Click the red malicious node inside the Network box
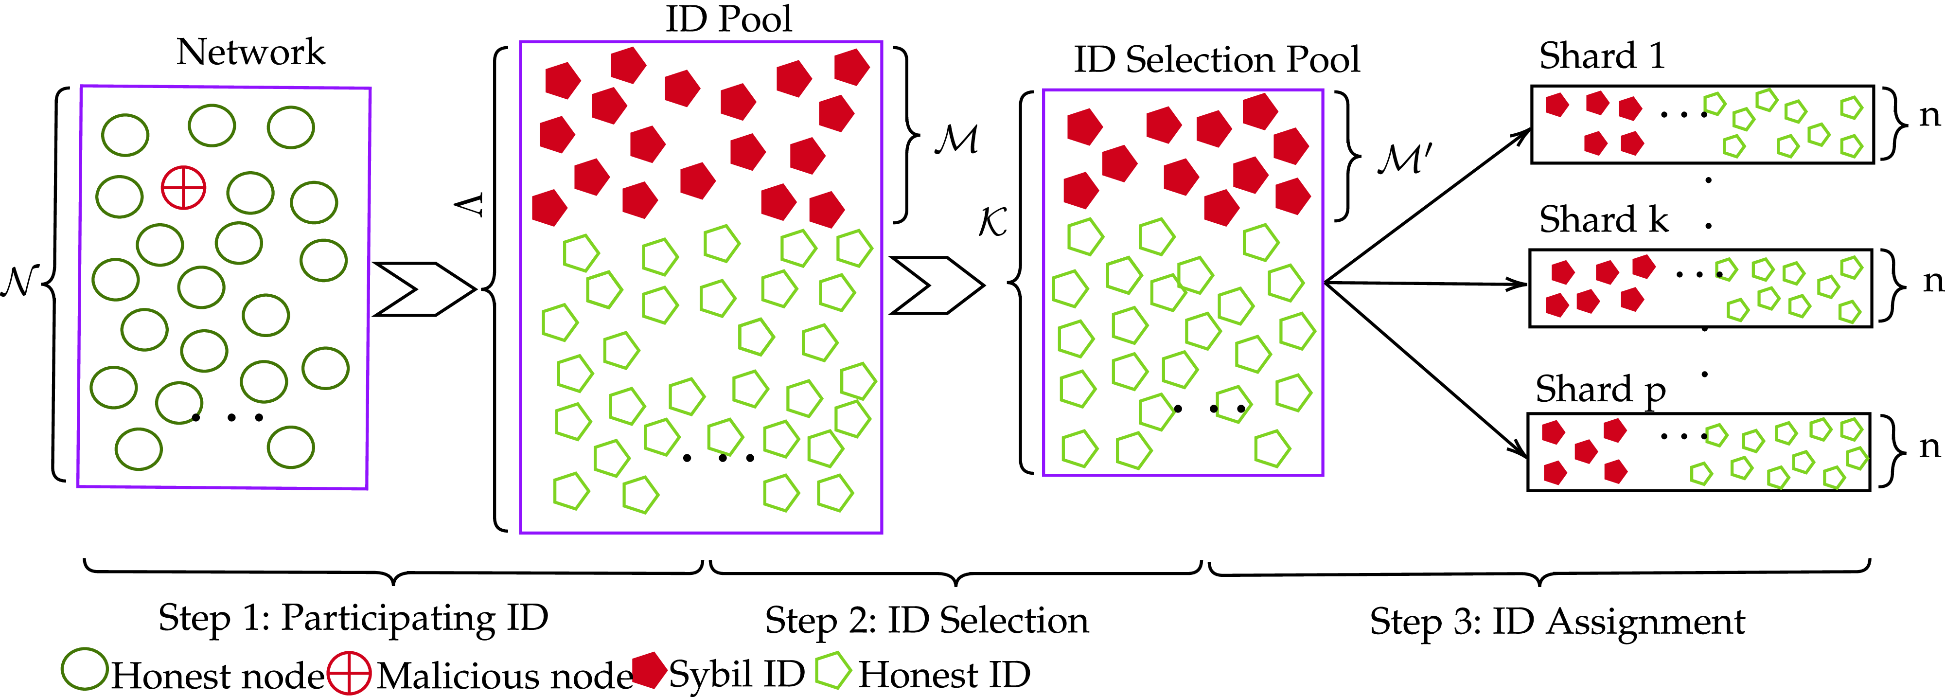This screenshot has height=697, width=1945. click(183, 187)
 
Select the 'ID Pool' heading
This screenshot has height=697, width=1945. click(728, 19)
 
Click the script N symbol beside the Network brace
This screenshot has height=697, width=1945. click(19, 282)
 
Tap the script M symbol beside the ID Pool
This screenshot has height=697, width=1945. click(956, 140)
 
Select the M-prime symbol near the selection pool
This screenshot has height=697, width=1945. click(1403, 159)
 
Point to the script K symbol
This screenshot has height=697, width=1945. click(992, 222)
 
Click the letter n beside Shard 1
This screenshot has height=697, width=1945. click(1929, 116)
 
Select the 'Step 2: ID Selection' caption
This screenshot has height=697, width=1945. click(926, 621)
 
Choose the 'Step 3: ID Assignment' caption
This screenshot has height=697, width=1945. click(1557, 622)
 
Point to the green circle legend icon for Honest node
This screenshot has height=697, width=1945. click(84, 669)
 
